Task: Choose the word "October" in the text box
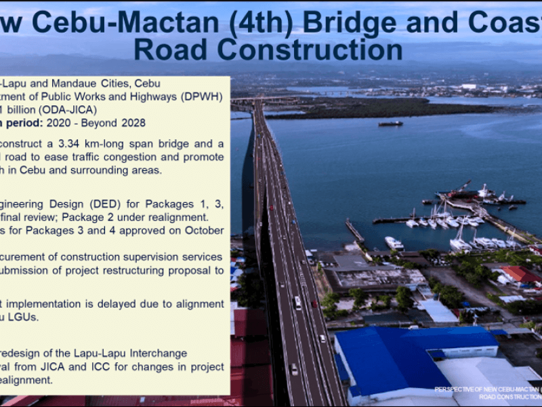203,230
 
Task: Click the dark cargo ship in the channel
390,123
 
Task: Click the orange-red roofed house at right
520,274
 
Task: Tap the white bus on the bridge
297,302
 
